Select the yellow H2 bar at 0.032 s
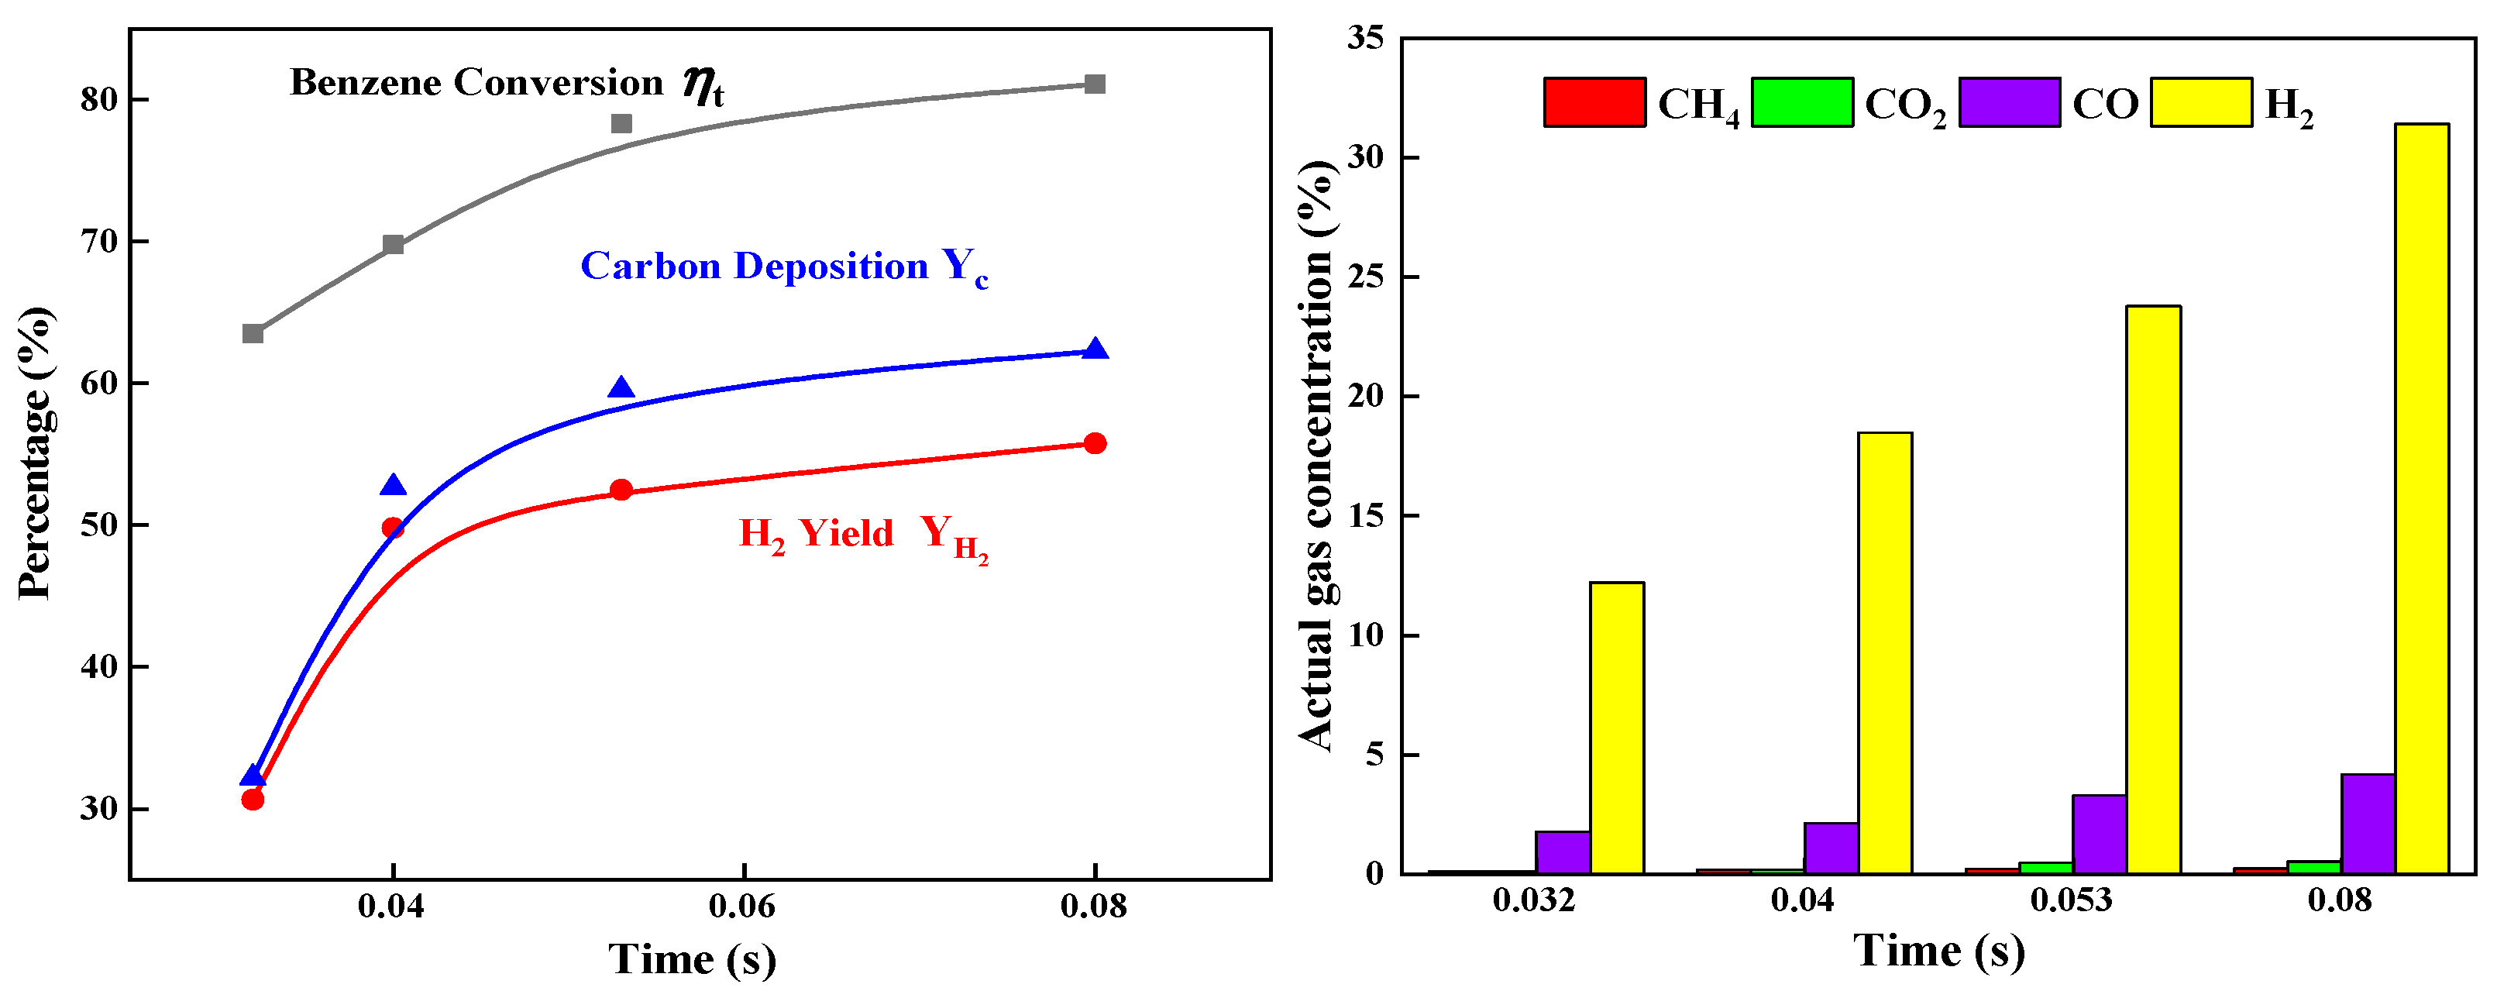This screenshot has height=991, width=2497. pos(1616,728)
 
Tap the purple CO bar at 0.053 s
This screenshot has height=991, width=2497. pos(2099,834)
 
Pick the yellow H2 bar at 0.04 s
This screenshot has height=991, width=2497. pos(1884,652)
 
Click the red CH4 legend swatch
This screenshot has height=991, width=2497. pos(1594,102)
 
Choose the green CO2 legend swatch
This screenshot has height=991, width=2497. pos(1801,102)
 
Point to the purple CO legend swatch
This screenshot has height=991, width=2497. pos(2008,102)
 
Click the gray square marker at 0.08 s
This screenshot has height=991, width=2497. pos(1095,84)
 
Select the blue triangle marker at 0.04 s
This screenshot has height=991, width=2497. pos(393,486)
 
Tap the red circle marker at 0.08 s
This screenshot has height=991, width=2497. pos(1095,443)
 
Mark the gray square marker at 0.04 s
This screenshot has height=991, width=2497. pos(393,244)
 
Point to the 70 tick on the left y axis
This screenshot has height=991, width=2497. pos(99,242)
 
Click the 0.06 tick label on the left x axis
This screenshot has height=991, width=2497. pos(741,906)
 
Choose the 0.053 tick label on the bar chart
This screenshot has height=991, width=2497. pos(2070,900)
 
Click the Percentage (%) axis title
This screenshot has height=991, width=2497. pos(36,452)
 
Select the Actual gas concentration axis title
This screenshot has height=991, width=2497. pos(1316,456)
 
